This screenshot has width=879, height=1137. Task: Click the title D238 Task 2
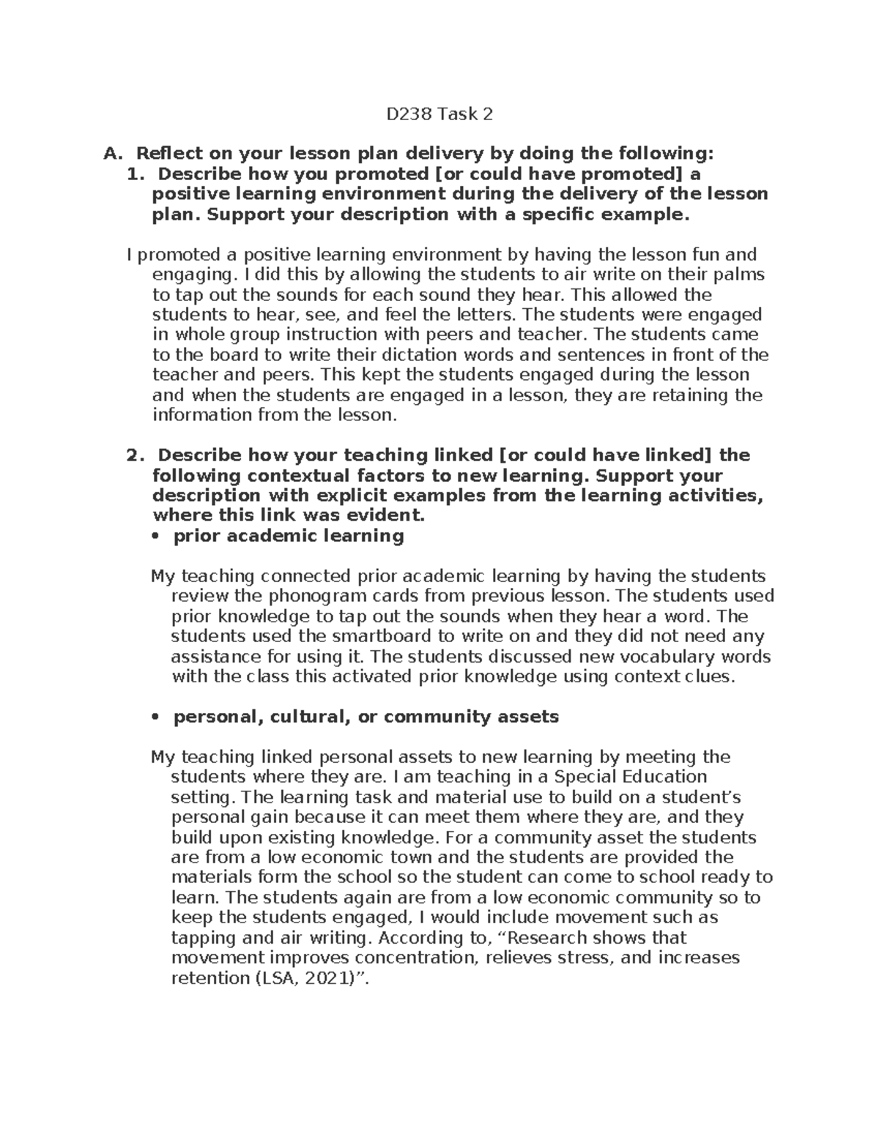[x=439, y=114]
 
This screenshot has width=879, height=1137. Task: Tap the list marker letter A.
[x=111, y=154]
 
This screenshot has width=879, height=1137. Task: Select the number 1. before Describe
[x=133, y=174]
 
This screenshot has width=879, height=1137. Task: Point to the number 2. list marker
[x=133, y=455]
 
